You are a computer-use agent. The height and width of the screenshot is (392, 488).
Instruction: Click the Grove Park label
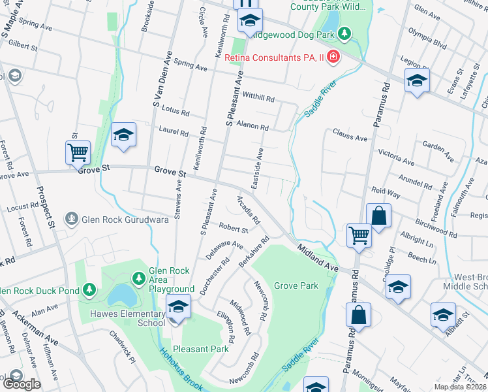pos(296,286)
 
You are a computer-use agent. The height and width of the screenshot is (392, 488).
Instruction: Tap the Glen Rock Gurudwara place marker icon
pos(72,218)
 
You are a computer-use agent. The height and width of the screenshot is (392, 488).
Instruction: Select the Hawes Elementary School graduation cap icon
pos(178,305)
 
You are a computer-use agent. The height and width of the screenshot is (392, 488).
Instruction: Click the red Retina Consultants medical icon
pos(333,57)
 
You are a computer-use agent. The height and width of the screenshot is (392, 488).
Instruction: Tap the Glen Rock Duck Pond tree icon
pos(89,289)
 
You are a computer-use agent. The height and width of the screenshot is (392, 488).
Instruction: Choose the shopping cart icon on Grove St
pos(78,153)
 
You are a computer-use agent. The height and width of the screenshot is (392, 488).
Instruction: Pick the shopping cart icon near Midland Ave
pos(359,236)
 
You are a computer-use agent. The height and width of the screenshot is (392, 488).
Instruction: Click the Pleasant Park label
pos(200,349)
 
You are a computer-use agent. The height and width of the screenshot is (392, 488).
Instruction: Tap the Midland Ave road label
pos(318,257)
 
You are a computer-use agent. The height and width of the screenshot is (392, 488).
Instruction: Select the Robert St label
pos(234,229)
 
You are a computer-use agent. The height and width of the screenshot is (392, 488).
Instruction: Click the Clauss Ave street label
pos(350,137)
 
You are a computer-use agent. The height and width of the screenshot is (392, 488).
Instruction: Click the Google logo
pos(22,384)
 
